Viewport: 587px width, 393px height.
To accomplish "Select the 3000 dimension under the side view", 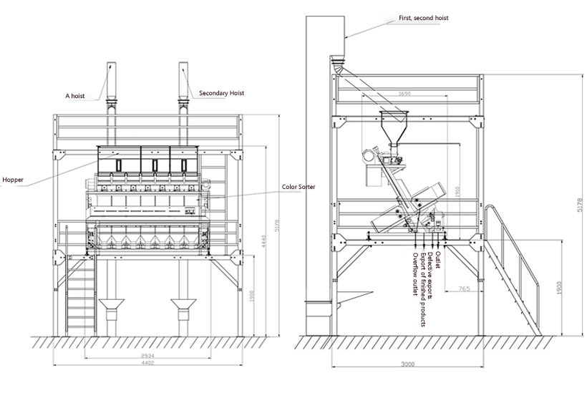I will pos(407,364).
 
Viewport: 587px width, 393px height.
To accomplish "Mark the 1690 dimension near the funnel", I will pos(404,94).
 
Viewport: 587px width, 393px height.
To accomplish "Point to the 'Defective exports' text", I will pos(430,276).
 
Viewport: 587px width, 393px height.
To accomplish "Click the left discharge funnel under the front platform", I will pos(110,311).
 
